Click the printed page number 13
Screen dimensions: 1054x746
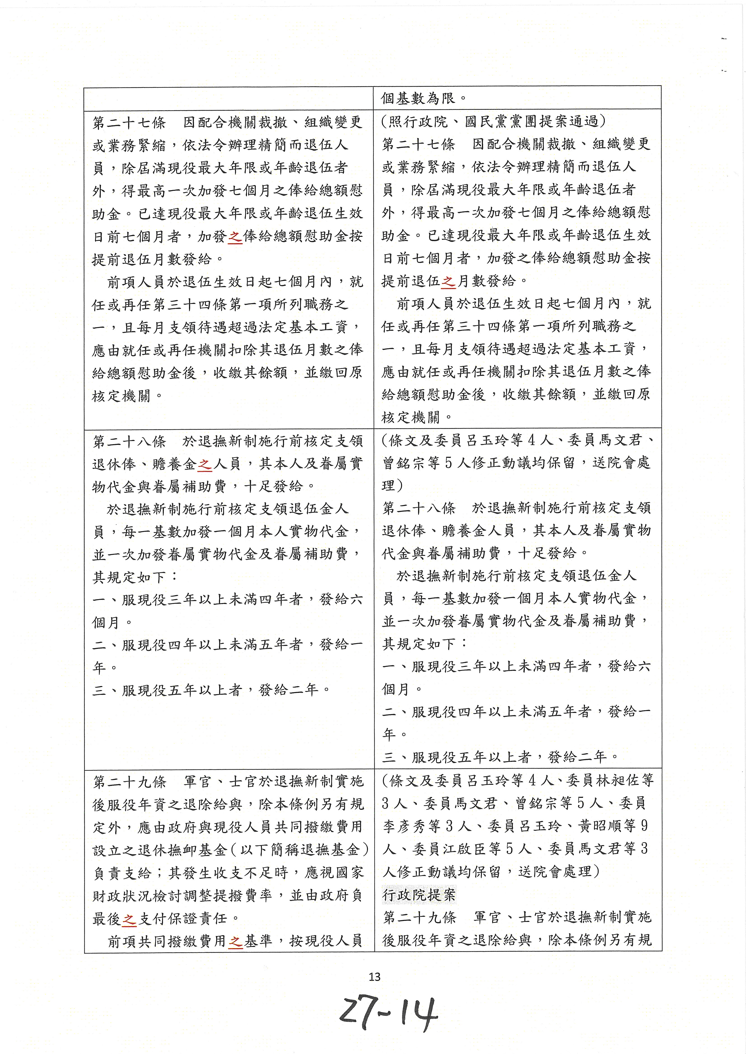point(374,976)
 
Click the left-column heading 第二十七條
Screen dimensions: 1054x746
point(129,123)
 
